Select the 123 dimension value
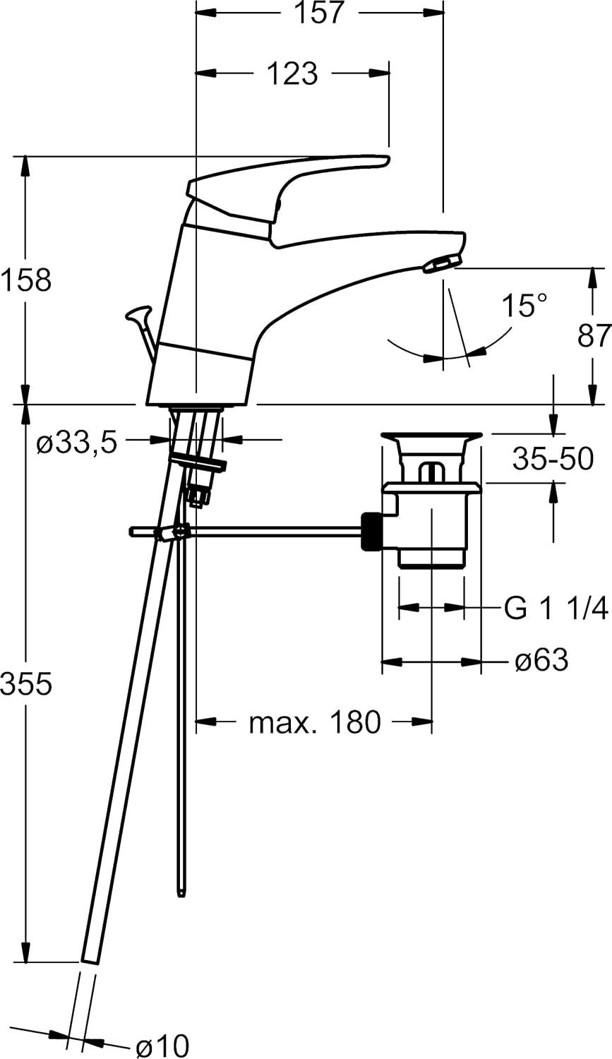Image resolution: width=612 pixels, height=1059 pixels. (292, 73)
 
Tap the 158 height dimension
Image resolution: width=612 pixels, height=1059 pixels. (26, 280)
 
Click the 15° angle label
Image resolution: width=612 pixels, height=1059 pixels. (524, 306)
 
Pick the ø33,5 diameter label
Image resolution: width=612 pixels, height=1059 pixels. (76, 444)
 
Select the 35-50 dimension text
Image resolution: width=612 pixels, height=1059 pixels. (553, 459)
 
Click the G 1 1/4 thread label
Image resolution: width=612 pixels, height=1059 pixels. (556, 608)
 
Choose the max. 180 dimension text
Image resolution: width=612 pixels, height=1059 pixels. (315, 722)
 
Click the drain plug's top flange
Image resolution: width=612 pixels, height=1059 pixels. (431, 438)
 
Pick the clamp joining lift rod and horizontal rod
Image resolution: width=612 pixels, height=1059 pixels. (173, 532)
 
